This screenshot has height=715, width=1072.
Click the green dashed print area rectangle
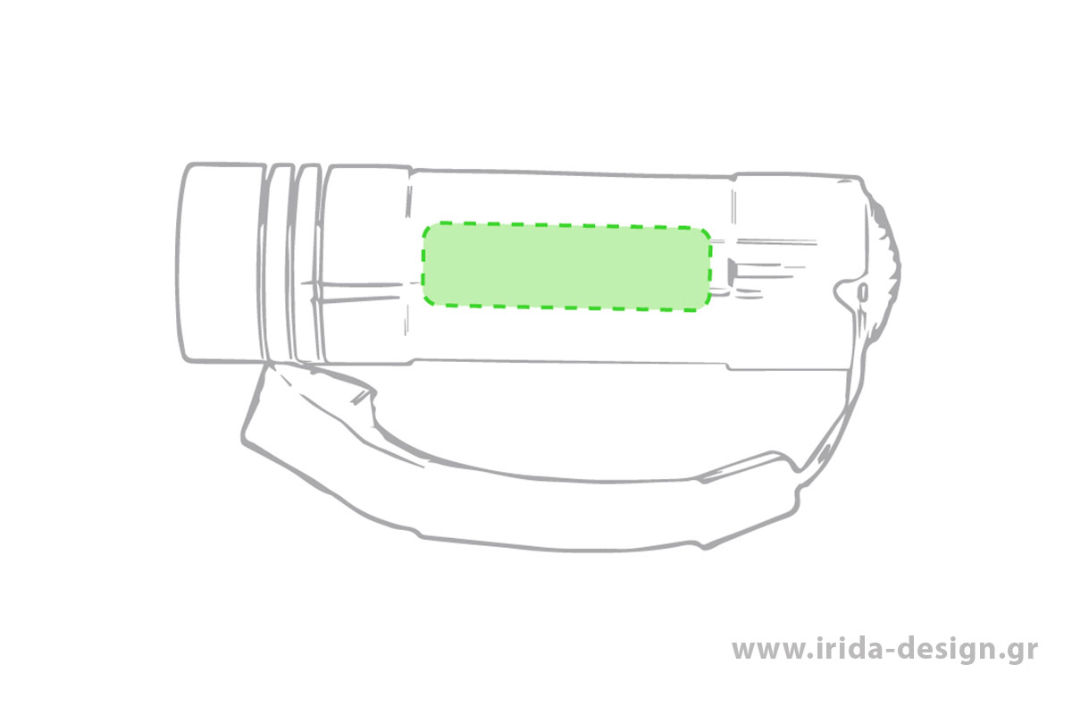point(566,266)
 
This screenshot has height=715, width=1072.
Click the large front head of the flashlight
point(222,263)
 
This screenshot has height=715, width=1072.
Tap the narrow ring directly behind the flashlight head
point(279,263)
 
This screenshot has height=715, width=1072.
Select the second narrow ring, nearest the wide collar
point(307,263)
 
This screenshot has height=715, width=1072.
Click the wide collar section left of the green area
point(367,265)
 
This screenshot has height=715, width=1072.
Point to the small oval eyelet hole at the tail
point(864,292)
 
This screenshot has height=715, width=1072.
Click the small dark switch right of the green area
point(733,270)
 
